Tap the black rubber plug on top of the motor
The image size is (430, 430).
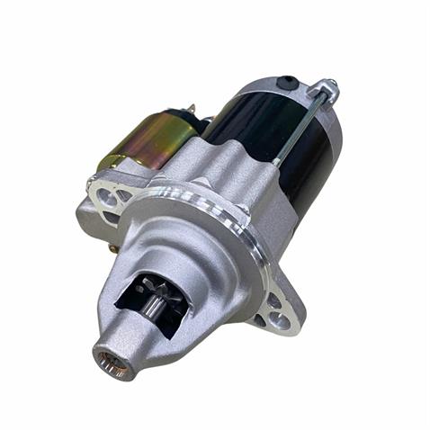point(288,83)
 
